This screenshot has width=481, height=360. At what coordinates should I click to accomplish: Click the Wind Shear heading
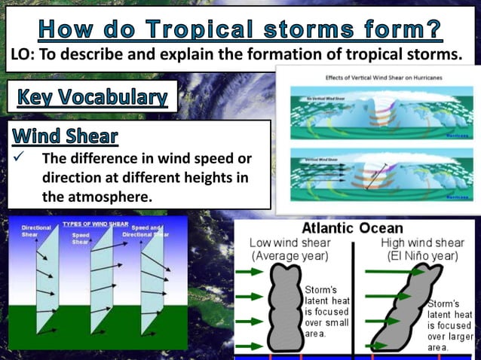[x=66, y=136]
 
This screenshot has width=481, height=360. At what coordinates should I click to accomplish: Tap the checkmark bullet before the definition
[x=20, y=159]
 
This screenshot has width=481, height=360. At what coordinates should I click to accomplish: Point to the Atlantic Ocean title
[x=352, y=228]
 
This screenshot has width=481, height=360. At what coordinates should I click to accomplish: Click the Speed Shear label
[x=81, y=237]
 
